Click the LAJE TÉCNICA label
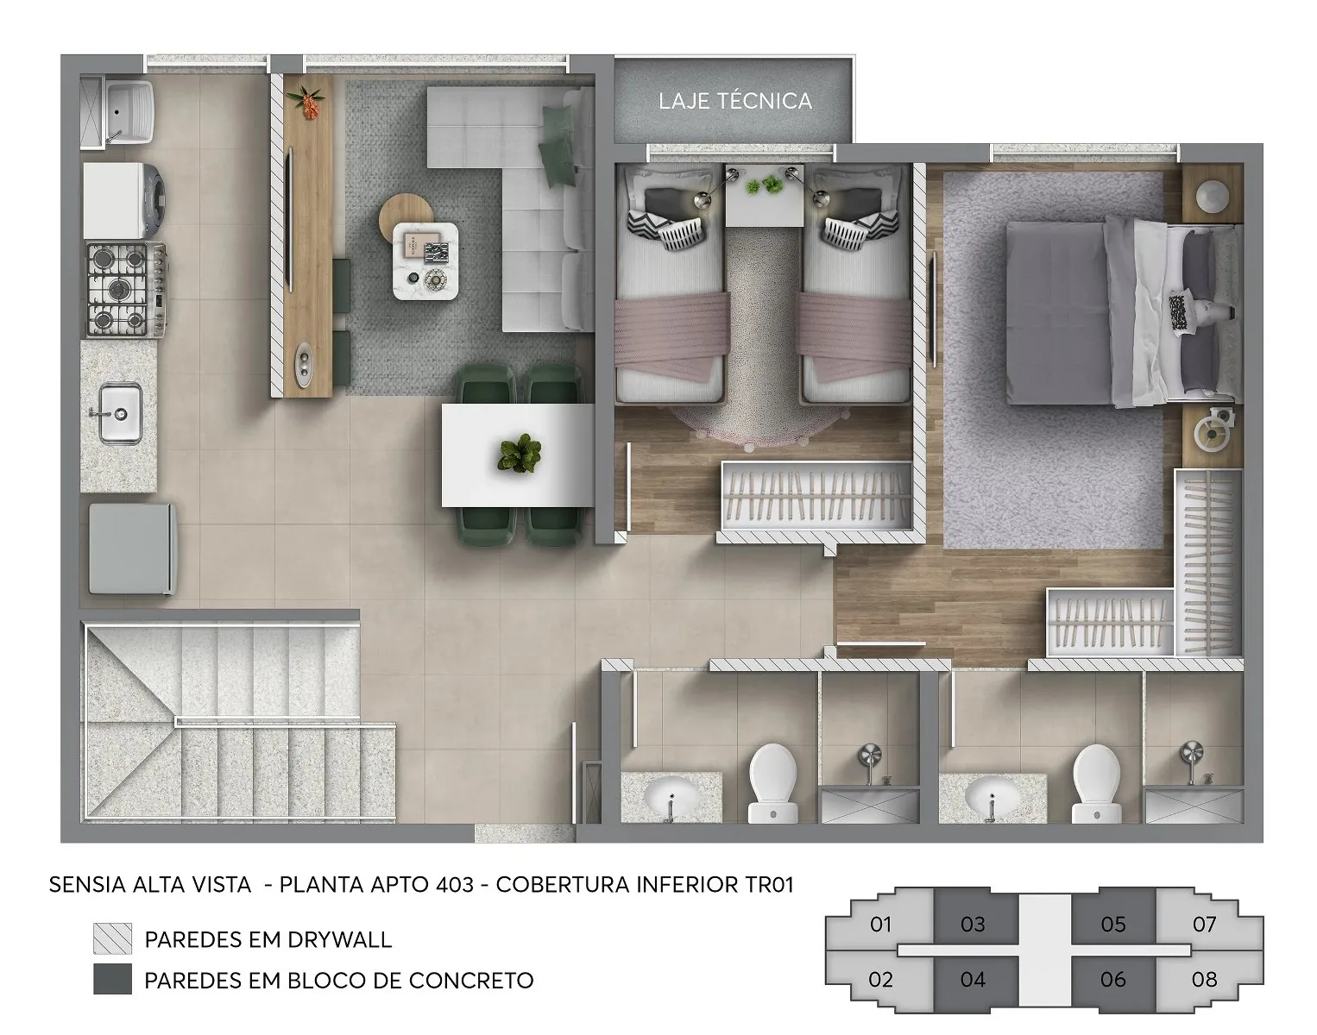735,101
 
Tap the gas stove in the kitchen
126,289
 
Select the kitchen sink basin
121,413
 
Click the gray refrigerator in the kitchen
133,549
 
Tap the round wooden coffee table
406,217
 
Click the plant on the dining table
520,454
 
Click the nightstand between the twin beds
765,195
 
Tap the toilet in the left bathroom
773,783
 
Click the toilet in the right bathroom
1097,783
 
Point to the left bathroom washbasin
671,797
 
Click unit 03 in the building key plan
973,925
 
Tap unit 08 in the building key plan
1204,979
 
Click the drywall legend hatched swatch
112,939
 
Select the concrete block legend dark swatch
112,979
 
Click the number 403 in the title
455,885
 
